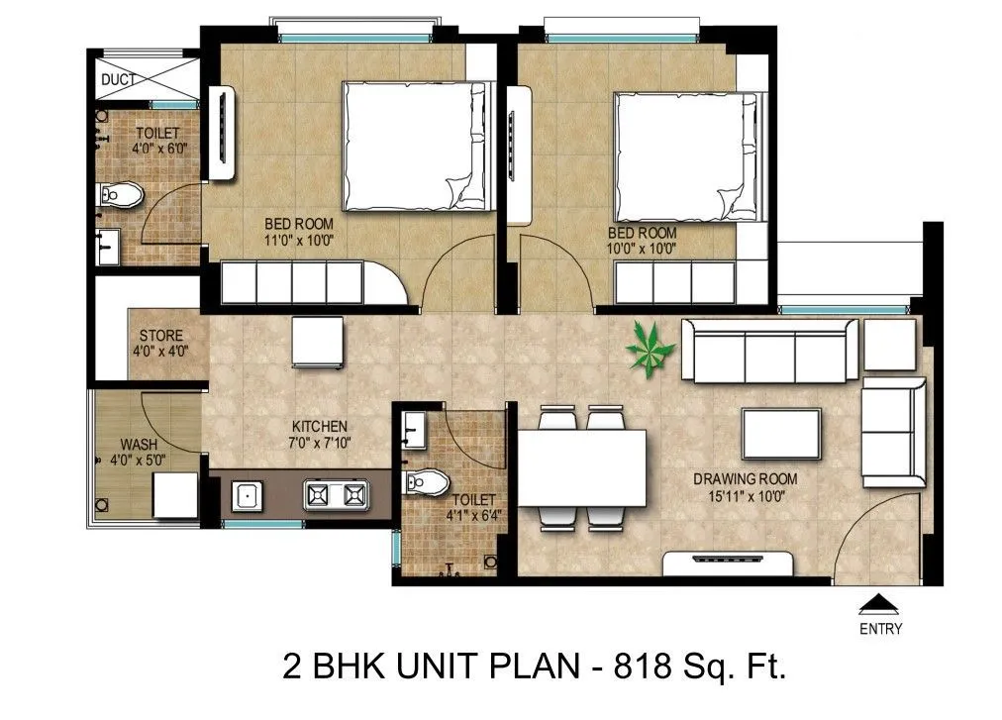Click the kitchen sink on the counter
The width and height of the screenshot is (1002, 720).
pos(248,493)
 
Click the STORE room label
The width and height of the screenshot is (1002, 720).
pos(160,336)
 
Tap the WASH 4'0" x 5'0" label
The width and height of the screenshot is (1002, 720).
pos(138,452)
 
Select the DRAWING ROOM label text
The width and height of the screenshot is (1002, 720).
pos(745,479)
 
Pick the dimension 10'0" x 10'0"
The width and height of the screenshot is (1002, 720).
pos(643,249)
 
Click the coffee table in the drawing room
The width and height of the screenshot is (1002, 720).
pos(781,433)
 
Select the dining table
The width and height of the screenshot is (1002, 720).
pos(582,466)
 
